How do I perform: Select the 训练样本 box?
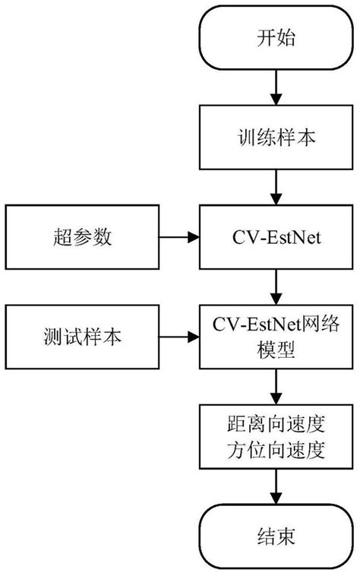click(275, 138)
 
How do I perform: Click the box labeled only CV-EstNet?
click(275, 238)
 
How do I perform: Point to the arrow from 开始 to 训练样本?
click(275, 89)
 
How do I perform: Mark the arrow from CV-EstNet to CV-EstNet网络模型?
click(275, 287)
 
